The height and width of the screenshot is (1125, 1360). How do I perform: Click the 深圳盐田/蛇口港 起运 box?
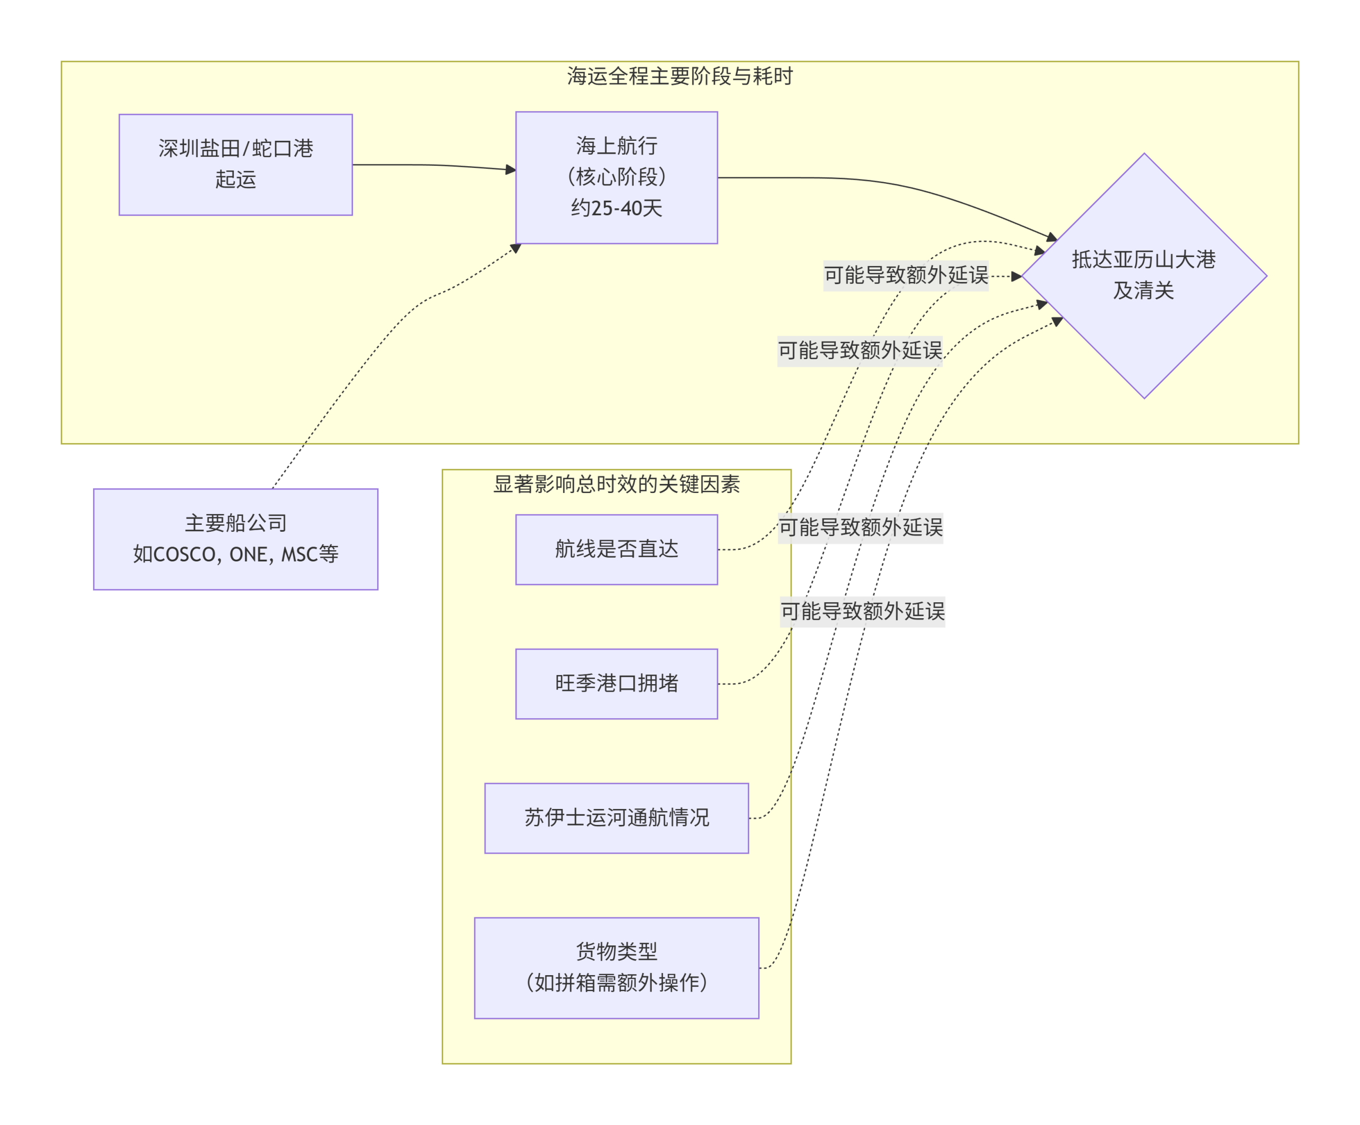(235, 165)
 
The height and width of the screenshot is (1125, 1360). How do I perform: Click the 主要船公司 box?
(235, 539)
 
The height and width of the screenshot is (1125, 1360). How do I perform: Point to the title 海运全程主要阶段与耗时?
(679, 76)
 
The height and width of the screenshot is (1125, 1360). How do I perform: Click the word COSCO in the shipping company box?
(184, 555)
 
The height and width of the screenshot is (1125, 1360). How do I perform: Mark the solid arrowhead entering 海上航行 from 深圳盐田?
(511, 169)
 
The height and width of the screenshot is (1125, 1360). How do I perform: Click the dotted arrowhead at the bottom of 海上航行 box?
(516, 248)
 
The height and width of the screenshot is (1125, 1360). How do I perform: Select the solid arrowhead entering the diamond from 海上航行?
(1052, 237)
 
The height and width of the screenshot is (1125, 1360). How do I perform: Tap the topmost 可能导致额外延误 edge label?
(905, 275)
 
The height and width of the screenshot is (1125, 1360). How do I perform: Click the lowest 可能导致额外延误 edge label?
(862, 611)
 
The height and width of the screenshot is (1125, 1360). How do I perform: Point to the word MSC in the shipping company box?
(299, 555)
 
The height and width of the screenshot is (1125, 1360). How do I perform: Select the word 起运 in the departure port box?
(235, 180)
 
